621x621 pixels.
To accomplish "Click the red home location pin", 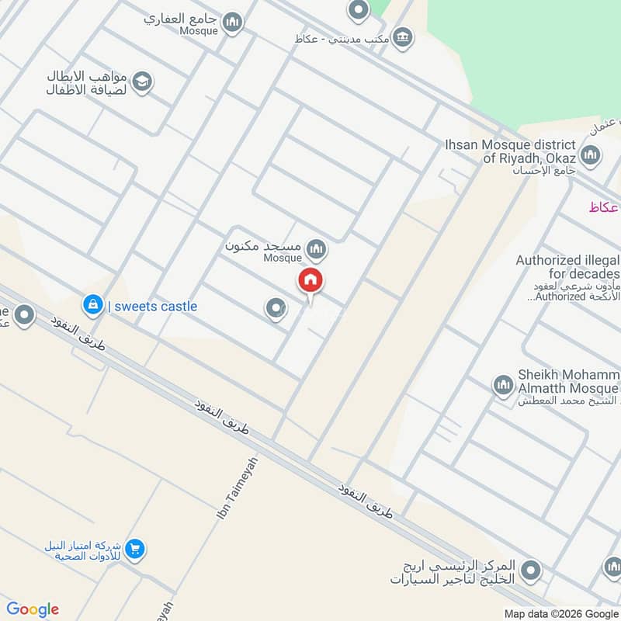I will coord(311,281).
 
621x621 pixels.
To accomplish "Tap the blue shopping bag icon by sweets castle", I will coord(92,305).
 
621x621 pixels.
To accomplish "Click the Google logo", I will coord(33,609).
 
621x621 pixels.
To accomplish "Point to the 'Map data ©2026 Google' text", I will coord(561,613).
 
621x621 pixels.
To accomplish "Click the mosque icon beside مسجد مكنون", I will coord(315,249).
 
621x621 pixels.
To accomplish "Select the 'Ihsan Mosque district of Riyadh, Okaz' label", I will coord(510,151).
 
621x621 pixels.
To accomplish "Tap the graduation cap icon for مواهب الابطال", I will coord(141,82).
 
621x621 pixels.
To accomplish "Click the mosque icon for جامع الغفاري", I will coord(231,24).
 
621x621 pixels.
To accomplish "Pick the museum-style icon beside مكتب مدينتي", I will coord(402,36).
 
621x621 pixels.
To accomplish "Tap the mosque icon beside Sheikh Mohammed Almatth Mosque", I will coord(503,385).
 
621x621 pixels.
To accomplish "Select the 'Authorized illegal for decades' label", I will coord(568,267).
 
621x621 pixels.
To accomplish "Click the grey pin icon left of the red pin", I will coord(275,310).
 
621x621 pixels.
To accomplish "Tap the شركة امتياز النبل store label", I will coord(84,551).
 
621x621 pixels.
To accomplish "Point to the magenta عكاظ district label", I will coord(604,207).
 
